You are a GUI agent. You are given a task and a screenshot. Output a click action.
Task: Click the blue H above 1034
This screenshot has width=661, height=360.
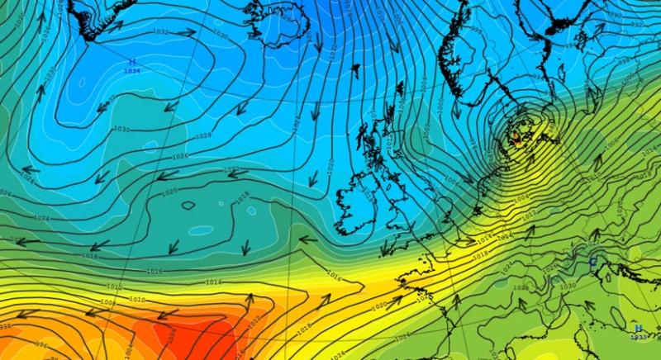pyautogui.click(x=131, y=63)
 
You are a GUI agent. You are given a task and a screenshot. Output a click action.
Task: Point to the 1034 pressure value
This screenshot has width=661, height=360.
pyautogui.click(x=131, y=72)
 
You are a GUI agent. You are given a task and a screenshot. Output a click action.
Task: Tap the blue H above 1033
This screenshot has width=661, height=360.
pyautogui.click(x=638, y=328)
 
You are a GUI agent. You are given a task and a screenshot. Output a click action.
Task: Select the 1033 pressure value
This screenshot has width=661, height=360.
pyautogui.click(x=638, y=337)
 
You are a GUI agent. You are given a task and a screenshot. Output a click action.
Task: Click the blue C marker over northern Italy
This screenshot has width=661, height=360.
pyautogui.click(x=592, y=262)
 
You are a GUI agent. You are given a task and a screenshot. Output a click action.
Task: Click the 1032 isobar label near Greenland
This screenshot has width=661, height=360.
pyautogui.click(x=161, y=31)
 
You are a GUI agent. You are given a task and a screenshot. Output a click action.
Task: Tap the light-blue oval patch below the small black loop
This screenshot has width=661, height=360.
pyautogui.click(x=198, y=230)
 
